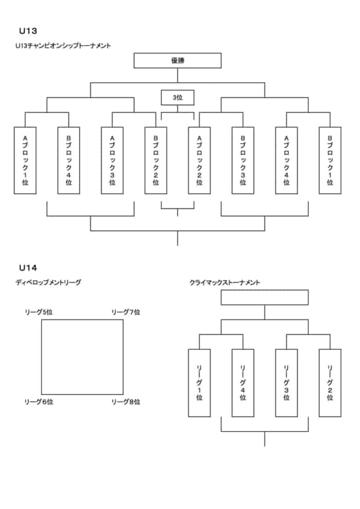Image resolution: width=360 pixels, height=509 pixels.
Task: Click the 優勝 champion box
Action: coord(177,61)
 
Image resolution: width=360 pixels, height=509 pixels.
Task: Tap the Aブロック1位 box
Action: coord(25,160)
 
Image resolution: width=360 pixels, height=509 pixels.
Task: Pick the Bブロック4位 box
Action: coord(69,160)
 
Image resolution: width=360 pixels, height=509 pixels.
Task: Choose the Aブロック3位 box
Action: coord(112,160)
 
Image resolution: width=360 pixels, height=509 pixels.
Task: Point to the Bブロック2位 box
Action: coord(156,160)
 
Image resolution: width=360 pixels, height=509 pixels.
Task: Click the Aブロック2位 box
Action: coord(199,160)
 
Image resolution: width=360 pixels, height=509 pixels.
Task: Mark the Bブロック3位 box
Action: coord(243,160)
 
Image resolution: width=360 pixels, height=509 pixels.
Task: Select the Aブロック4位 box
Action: coord(286,160)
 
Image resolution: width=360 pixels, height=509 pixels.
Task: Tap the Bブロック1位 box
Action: coord(330,160)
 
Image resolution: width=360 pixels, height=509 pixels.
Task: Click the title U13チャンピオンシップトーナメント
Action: coord(63,46)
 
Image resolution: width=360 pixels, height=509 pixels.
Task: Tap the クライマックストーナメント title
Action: coord(225,282)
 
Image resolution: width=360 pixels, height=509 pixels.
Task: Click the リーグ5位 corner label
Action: coord(39,312)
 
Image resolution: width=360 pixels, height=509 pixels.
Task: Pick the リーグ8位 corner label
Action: coord(126,402)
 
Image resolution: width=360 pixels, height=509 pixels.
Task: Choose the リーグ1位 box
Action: coord(199,383)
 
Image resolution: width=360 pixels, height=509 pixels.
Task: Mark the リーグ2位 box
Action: coord(330,383)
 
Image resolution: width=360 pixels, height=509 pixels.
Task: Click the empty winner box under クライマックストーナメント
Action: coord(264,298)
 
